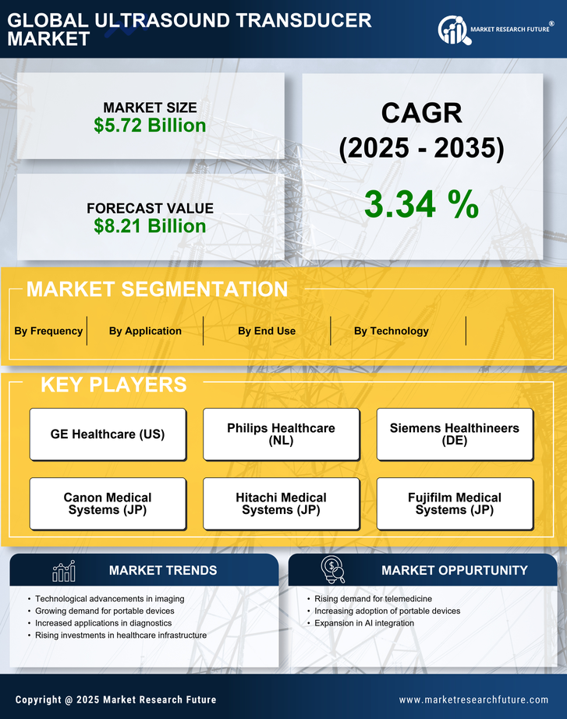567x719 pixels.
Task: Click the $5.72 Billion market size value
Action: tap(150, 126)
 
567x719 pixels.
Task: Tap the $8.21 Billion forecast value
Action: tap(150, 226)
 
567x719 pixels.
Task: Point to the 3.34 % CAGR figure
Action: tap(421, 204)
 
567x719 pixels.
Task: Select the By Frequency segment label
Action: tap(48, 331)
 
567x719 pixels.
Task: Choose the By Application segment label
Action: tap(145, 331)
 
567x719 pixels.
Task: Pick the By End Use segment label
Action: tap(267, 331)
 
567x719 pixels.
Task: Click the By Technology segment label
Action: tap(391, 331)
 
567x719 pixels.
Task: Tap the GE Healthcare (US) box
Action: tap(108, 434)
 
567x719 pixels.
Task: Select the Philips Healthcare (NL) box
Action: tap(282, 434)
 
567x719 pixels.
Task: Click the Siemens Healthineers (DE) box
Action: tap(455, 434)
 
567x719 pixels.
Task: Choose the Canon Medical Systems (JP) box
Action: tap(108, 504)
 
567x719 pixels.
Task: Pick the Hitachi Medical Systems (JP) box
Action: tap(282, 504)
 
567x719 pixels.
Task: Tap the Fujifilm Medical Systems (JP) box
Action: tap(455, 504)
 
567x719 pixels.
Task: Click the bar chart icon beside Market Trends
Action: tap(63, 571)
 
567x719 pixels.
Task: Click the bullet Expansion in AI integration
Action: tap(364, 623)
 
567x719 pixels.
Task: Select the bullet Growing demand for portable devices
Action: tap(105, 611)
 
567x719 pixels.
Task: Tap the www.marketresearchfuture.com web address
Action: tap(473, 700)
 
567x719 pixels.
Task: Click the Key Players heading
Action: tap(113, 384)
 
